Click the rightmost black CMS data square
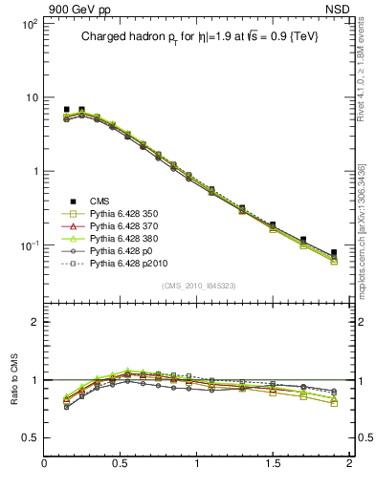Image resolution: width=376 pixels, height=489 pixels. (x=334, y=253)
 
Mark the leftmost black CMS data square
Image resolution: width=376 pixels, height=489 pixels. (x=66, y=110)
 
